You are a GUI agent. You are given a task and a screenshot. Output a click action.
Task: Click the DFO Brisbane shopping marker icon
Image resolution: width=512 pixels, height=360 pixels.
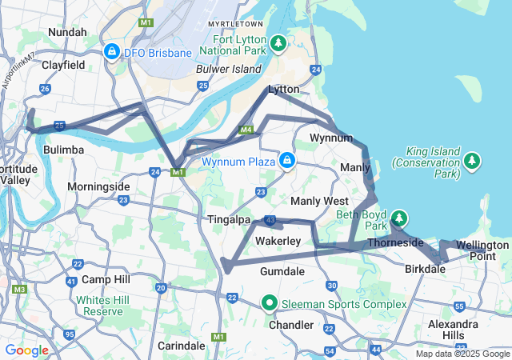[x=111, y=53]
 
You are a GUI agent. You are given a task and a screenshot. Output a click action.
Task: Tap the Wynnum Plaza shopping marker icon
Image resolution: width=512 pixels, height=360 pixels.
[x=286, y=162]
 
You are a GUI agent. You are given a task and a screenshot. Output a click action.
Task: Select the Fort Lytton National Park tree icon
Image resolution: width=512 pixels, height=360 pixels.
[x=278, y=42]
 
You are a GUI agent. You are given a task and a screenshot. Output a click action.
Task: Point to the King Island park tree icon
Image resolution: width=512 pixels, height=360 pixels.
[x=472, y=162]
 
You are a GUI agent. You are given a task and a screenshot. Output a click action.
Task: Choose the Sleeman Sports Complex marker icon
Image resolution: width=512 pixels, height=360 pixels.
[x=270, y=304]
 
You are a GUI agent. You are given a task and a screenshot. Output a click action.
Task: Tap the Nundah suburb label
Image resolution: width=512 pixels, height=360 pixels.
[x=68, y=32]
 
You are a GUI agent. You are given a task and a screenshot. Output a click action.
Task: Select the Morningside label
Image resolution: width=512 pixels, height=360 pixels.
[x=98, y=186]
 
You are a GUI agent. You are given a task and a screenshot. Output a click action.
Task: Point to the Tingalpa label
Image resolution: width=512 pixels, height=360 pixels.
[x=230, y=219]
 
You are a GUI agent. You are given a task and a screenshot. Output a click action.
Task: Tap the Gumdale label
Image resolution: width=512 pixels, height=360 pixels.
[x=282, y=272]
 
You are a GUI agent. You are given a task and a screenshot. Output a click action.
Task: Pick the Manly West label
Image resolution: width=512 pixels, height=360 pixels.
[x=320, y=201]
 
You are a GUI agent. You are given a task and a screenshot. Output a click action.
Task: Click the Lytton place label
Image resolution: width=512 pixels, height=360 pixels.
[x=285, y=89]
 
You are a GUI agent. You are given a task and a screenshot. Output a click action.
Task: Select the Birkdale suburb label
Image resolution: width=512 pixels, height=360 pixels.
[x=426, y=270]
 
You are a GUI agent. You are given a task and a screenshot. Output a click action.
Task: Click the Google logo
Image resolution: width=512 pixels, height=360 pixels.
[x=26, y=350]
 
